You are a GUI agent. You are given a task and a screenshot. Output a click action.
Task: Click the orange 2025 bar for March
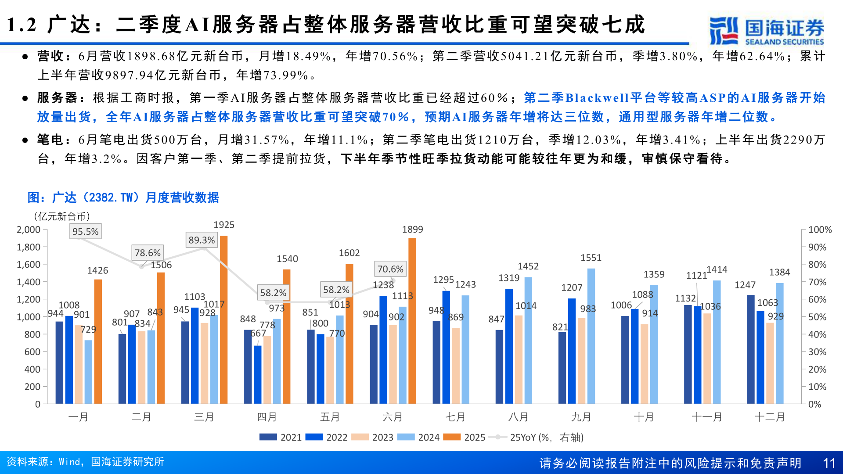223,320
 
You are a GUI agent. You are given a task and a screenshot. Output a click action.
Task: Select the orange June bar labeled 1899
412,320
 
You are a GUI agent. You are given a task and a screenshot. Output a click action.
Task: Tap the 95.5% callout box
86,231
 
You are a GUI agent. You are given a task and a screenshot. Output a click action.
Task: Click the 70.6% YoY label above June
390,269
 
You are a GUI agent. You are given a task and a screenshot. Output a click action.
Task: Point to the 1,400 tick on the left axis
29,282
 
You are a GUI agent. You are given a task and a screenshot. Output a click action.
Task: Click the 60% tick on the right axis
817,299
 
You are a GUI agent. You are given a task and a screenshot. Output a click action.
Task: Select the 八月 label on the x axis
518,417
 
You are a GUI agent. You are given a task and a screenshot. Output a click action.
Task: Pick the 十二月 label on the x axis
769,417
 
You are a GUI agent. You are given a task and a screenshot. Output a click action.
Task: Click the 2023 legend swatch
360,437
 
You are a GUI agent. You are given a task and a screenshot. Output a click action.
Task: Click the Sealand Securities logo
766,31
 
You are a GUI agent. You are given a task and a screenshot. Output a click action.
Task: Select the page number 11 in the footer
829,463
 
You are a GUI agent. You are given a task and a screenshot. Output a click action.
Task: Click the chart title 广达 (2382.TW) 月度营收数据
123,197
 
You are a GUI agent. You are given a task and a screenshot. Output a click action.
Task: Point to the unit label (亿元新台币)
61,216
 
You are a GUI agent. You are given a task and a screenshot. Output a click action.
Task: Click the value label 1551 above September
591,258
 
